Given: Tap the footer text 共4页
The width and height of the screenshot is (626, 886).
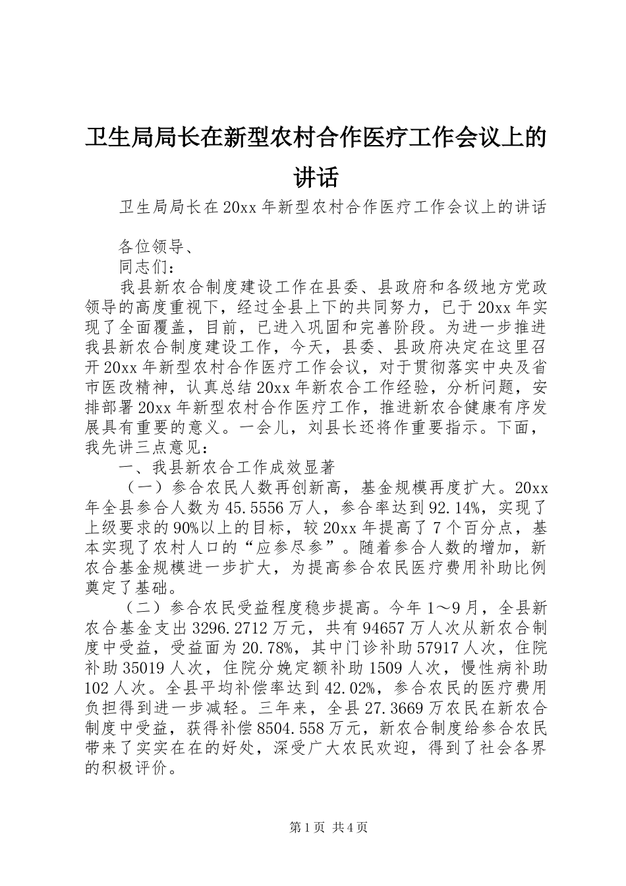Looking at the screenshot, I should click(x=350, y=827).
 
